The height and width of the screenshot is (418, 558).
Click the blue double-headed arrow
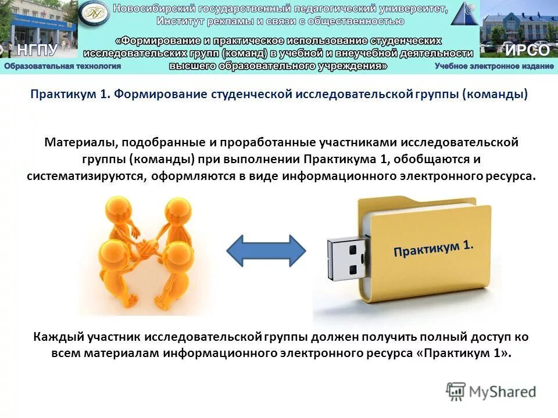[265, 250]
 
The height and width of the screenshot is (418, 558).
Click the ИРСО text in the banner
[527, 50]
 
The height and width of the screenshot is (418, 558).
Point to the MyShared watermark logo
[491, 391]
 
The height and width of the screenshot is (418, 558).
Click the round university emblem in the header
[94, 16]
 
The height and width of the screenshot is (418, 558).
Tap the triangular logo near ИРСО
[464, 15]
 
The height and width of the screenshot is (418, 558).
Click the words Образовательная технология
[63, 66]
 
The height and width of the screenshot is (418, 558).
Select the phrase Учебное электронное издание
[494, 66]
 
